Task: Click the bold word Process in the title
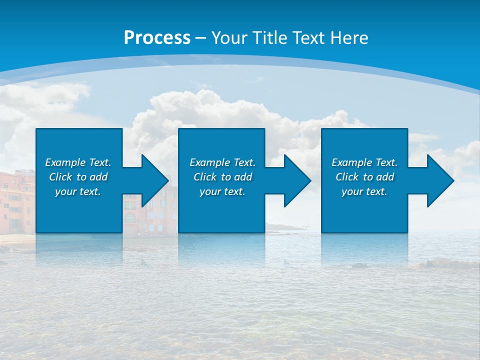157,38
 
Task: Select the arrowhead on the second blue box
296,180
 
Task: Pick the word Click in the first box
61,177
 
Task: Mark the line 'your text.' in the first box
78,191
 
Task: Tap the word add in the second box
243,177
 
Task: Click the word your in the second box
210,191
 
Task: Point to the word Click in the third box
347,177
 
